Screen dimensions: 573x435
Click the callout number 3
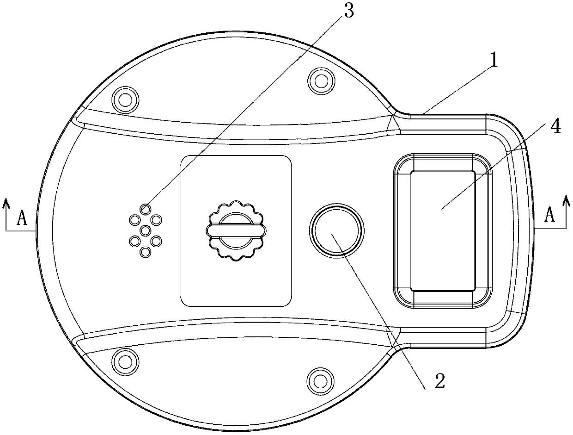tap(349, 11)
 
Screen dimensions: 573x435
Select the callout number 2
tap(439, 381)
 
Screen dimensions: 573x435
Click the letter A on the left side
tap(22, 218)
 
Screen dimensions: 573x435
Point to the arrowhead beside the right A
tap(566, 201)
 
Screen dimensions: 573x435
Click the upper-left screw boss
tap(125, 100)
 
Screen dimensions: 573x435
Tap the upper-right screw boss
tap(321, 81)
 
